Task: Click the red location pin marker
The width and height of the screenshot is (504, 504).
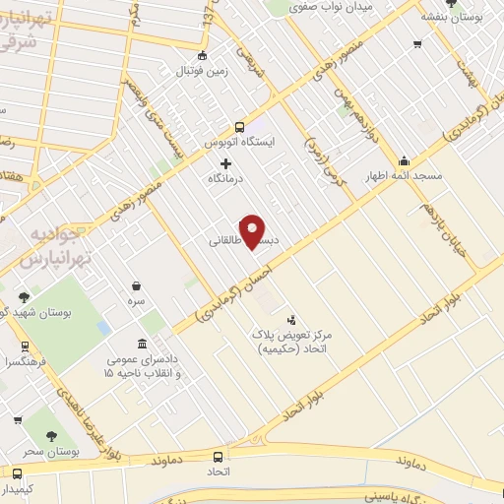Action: (253, 230)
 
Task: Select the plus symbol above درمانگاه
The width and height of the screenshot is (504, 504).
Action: (225, 162)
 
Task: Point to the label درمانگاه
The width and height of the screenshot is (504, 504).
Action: (225, 180)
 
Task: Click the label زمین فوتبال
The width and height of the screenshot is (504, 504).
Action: (202, 71)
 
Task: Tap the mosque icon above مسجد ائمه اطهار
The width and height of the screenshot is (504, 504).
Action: (403, 161)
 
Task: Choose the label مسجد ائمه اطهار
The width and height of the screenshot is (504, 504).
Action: (404, 177)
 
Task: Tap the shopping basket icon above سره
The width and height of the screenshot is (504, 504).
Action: (135, 286)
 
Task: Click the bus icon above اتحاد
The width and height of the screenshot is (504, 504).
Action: (219, 455)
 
